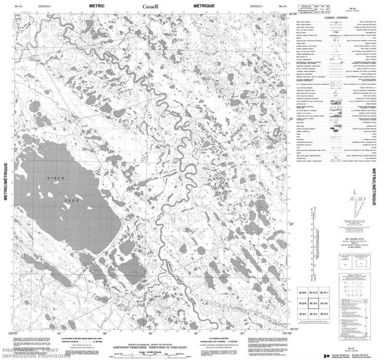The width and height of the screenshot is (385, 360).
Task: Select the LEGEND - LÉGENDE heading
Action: (335, 17)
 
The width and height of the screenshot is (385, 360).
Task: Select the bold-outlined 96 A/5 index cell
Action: (314, 304)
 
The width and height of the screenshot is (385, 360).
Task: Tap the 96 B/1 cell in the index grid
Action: (303, 314)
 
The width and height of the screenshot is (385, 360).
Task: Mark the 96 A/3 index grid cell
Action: (325, 314)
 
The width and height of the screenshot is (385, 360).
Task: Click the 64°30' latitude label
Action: (292, 14)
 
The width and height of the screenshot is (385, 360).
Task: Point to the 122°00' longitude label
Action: (15, 332)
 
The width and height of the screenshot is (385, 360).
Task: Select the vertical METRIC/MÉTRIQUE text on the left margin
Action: (6, 185)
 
